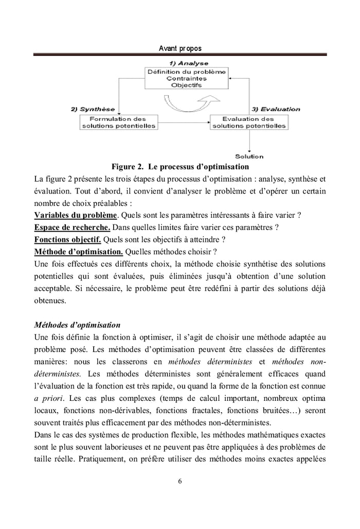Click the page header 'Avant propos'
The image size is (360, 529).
coord(180,48)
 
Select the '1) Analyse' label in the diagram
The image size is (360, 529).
coord(186,63)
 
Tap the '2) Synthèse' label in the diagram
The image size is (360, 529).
coord(93,110)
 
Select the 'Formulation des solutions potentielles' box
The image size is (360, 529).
coord(118,122)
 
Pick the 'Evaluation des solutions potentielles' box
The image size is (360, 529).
coord(250,122)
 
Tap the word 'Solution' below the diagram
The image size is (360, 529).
coord(249,156)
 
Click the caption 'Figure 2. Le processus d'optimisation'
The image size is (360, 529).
coord(180,167)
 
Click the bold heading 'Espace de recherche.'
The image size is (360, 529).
coord(72,227)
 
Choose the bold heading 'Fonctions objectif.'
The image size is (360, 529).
coord(67,239)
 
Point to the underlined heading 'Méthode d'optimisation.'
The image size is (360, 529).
coord(78,252)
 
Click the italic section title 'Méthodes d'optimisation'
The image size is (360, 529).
coord(77,325)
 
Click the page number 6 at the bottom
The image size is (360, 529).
coord(179,482)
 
